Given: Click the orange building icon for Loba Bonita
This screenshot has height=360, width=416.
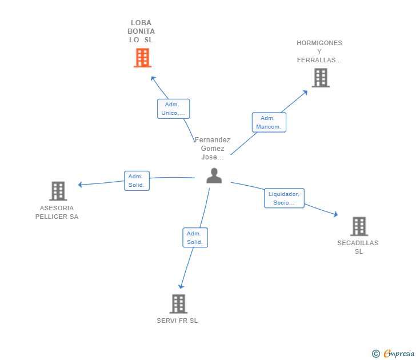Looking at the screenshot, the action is tap(142, 58).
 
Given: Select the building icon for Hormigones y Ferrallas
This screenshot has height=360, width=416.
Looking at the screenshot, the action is tap(321, 78).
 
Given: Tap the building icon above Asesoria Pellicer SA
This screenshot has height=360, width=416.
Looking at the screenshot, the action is tap(58, 191).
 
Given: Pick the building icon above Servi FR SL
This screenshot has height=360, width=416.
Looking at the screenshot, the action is tap(178, 304).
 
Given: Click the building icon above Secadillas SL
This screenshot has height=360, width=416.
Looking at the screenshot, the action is tap(359, 226).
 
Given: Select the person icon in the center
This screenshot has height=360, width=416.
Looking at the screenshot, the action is tap(214, 175).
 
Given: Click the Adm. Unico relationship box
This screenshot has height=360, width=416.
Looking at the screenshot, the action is tap(174, 109).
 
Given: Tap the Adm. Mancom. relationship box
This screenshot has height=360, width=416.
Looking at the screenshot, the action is tap(269, 122).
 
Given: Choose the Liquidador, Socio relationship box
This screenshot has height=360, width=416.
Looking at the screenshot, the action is tap(284, 198).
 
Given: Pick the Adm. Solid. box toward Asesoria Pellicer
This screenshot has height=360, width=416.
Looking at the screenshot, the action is tap(137, 181).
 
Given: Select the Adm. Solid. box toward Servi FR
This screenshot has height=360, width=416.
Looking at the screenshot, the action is tap(195, 238).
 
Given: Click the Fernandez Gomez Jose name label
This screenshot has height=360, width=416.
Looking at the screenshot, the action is tap(213, 149).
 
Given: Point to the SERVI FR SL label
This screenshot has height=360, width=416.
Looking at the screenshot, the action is tap(177, 321).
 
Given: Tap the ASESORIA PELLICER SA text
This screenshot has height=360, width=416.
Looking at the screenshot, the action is tap(57, 212).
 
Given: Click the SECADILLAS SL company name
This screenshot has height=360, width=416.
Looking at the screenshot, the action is tap(358, 247).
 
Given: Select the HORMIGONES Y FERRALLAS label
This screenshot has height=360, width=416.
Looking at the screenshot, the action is tap(319, 51).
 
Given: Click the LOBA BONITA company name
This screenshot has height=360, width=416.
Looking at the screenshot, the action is tap(141, 31).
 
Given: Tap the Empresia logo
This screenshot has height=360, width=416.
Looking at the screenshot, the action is tap(393, 353).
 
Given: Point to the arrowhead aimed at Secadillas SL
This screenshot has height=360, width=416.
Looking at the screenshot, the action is tap(336, 214).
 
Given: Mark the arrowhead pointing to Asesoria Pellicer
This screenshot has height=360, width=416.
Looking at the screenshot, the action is tap(80, 185).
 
